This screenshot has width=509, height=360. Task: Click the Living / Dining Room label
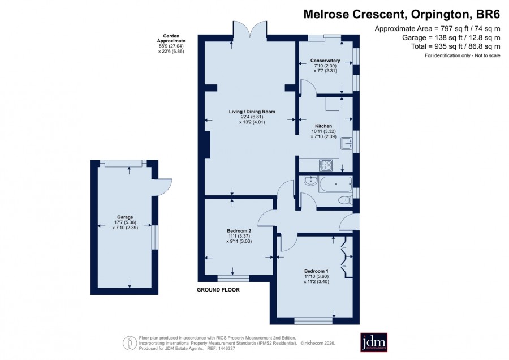(252, 112)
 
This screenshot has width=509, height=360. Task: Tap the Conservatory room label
(325, 61)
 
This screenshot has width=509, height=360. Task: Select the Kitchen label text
(323, 126)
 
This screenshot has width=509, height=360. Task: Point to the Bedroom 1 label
(316, 271)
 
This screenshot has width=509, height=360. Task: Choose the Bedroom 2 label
(239, 231)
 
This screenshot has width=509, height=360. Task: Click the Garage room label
(125, 217)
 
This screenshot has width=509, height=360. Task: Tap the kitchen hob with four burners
(325, 165)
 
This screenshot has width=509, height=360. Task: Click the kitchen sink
(347, 143)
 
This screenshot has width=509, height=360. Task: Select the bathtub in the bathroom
(335, 184)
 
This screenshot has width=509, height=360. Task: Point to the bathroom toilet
(345, 200)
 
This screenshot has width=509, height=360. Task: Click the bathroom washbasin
(310, 181)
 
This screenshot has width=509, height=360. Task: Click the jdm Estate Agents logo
(374, 342)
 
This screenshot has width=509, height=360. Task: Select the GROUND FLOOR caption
(218, 290)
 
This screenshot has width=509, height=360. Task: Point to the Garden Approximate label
(171, 38)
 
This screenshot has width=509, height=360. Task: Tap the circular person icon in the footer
(130, 343)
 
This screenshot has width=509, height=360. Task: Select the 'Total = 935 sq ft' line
(436, 46)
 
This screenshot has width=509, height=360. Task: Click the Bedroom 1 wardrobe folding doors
(344, 256)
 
